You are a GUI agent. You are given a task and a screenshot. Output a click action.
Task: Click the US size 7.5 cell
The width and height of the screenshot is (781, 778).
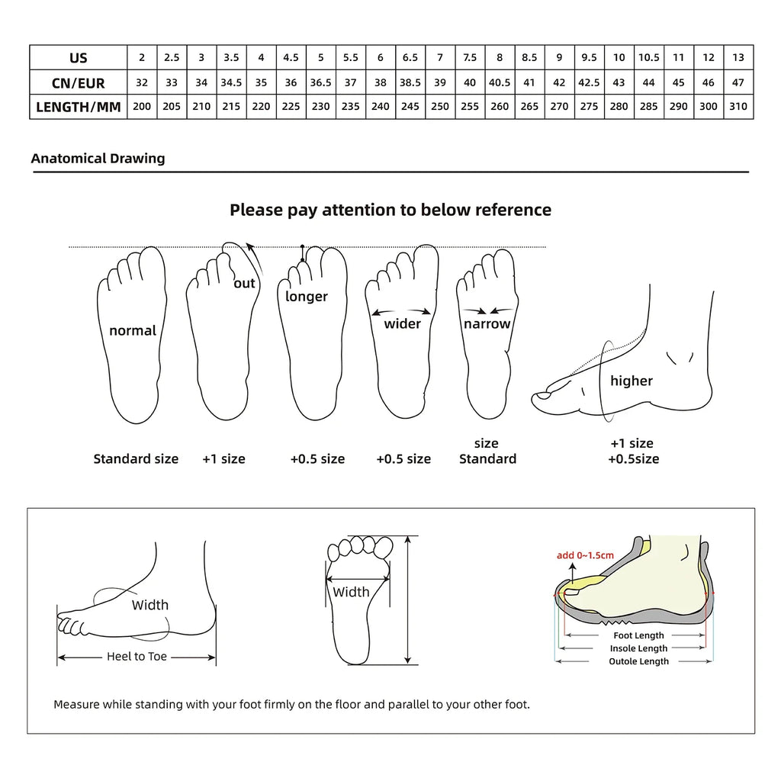(470, 58)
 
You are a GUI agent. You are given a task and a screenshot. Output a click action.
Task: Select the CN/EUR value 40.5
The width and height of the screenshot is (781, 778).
(500, 82)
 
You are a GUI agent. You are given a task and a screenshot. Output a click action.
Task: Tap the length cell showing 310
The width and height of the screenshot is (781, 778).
(738, 107)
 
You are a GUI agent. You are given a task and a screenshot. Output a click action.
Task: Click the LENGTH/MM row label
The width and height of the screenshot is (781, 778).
(79, 107)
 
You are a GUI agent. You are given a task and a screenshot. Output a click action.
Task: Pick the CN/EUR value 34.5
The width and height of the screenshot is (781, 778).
(231, 82)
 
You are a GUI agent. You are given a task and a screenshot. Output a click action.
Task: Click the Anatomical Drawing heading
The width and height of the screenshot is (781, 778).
(98, 159)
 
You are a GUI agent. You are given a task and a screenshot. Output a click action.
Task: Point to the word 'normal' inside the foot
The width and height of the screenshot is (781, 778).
(133, 330)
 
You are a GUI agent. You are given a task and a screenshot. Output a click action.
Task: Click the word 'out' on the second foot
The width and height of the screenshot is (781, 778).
(244, 284)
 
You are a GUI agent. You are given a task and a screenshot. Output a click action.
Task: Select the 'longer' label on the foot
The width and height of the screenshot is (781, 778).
(307, 296)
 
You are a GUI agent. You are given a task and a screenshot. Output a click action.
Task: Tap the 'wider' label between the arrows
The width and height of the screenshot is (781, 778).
(402, 323)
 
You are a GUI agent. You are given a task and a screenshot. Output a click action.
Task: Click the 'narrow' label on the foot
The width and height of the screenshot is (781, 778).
(487, 323)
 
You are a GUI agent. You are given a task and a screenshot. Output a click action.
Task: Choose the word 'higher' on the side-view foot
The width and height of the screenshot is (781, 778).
(632, 381)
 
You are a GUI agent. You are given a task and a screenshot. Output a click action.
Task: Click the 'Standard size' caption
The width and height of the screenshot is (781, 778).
(136, 458)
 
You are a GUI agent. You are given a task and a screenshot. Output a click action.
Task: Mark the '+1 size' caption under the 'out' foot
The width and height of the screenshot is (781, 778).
(223, 458)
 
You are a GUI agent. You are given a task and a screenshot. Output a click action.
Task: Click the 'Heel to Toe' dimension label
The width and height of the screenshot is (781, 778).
(137, 656)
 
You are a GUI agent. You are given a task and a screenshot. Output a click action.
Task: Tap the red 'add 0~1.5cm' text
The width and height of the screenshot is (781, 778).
(585, 555)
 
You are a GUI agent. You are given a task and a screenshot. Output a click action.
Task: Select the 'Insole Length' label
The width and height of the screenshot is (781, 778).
(638, 648)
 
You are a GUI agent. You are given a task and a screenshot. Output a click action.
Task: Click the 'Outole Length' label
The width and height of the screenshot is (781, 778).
(638, 661)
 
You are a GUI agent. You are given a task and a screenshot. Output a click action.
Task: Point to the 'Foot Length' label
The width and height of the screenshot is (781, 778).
(638, 635)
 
